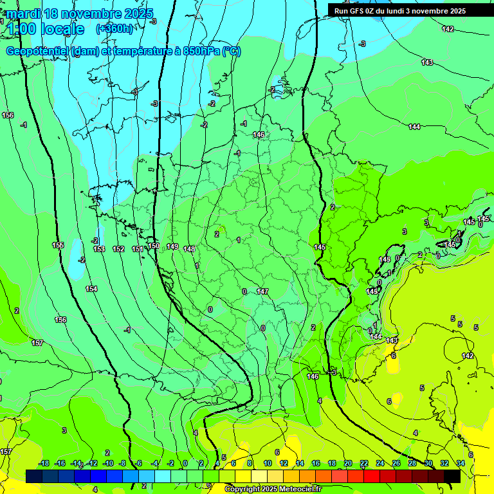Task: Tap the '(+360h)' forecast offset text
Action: pyautogui.click(x=114, y=28)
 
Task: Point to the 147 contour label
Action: pyautogui.click(x=262, y=291)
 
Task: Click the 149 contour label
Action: pyautogui.click(x=172, y=246)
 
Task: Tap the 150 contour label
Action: pyautogui.click(x=154, y=246)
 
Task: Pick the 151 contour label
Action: pyautogui.click(x=138, y=249)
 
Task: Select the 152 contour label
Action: pyautogui.click(x=118, y=249)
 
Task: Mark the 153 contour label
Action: pyautogui.click(x=99, y=249)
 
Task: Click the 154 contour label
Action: pyautogui.click(x=91, y=289)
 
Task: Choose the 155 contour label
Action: pyautogui.click(x=58, y=245)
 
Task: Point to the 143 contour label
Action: pyautogui.click(x=427, y=62)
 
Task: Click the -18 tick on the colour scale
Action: pyautogui.click(x=44, y=463)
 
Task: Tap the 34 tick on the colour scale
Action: pyautogui.click(x=461, y=463)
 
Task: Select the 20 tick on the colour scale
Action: pyautogui.click(x=348, y=463)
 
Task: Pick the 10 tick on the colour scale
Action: pyautogui.click(x=268, y=463)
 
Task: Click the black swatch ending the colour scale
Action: pyautogui.click(x=452, y=476)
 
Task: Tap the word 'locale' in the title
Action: pyautogui.click(x=62, y=29)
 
